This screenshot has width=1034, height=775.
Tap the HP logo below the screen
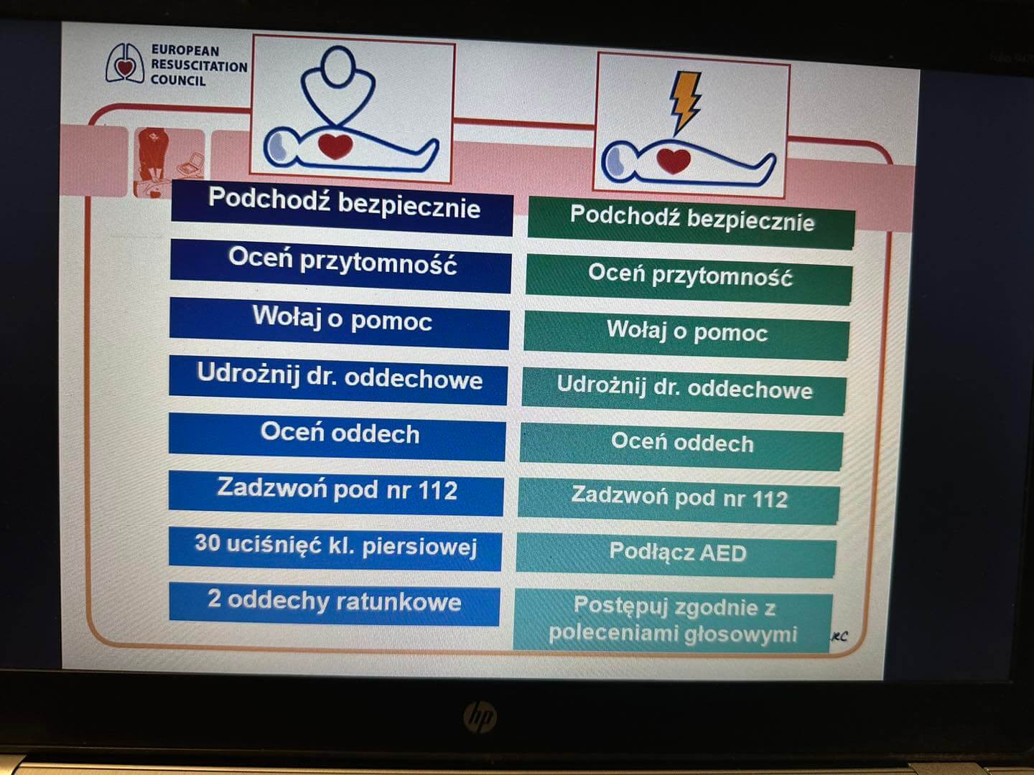point(480,717)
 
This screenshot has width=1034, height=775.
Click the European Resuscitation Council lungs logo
point(125,64)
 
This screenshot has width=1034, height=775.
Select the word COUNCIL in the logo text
point(178,80)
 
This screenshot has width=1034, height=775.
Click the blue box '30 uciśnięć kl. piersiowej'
point(335,549)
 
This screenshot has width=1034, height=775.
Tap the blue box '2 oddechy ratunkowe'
point(334,603)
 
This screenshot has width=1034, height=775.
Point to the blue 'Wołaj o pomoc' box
point(339,323)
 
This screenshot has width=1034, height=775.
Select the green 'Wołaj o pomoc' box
point(686,334)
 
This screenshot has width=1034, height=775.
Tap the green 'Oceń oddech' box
point(681,446)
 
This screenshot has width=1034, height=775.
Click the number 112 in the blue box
point(438,490)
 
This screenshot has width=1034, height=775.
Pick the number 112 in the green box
point(769,499)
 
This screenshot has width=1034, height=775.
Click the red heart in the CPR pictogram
point(335,145)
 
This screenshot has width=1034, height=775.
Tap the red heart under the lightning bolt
point(674,161)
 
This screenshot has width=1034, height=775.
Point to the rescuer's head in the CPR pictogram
point(337,66)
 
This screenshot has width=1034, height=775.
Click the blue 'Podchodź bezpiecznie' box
point(342,207)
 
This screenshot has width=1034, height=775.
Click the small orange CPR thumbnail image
point(169,163)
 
